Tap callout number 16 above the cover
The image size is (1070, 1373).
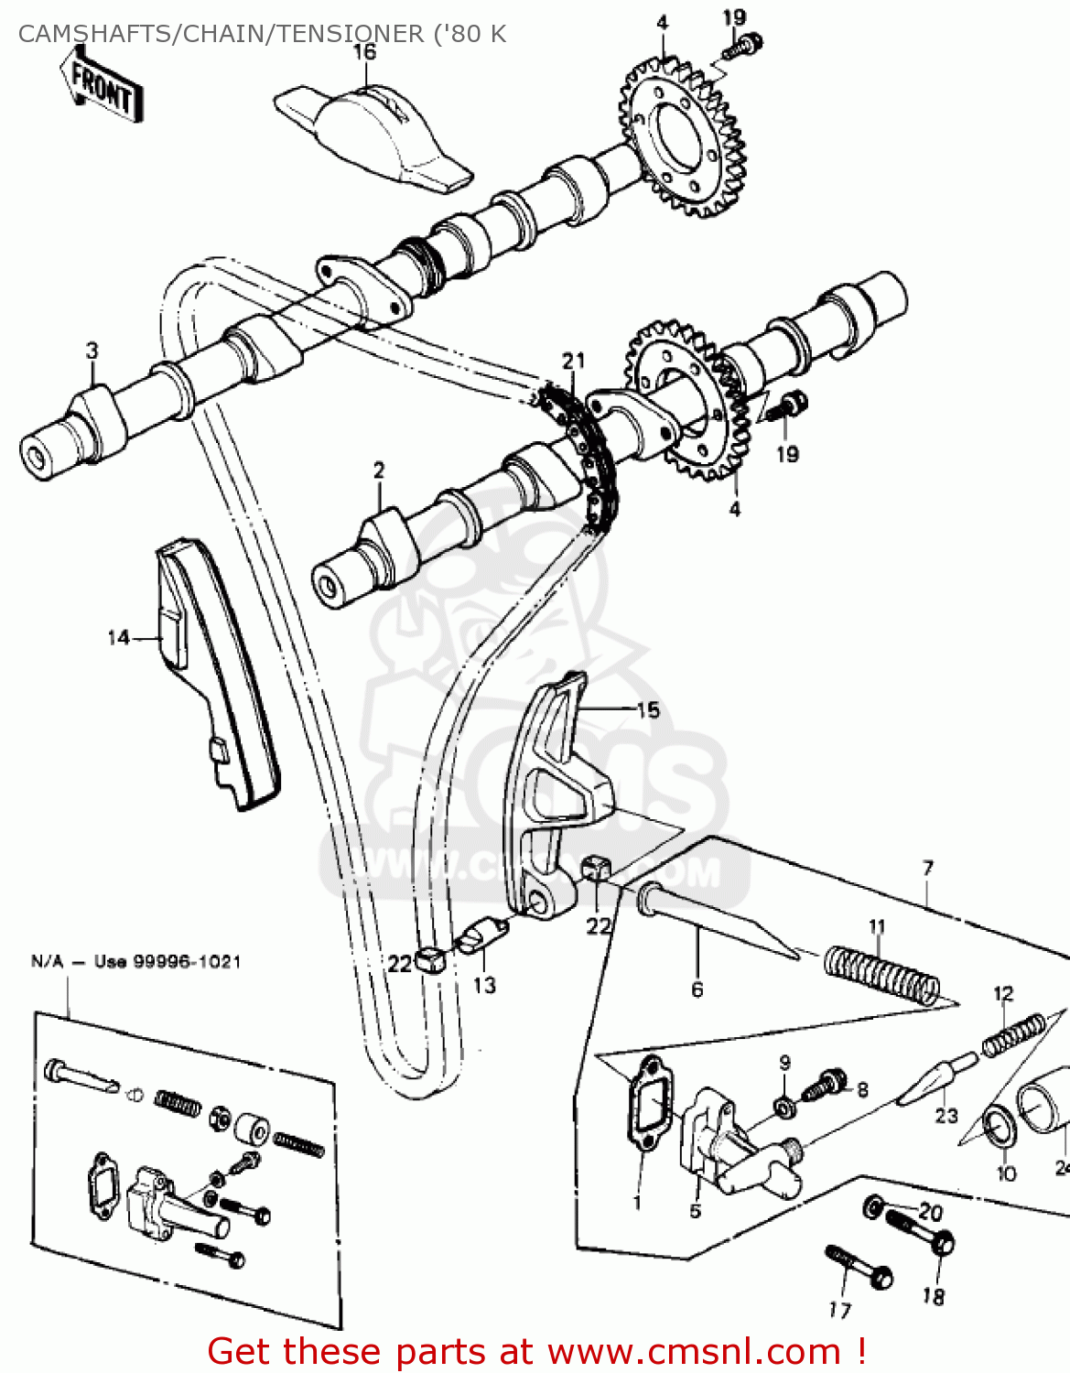coord(364,51)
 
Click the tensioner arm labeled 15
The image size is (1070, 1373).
coord(549,796)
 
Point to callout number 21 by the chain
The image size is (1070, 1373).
coord(573,361)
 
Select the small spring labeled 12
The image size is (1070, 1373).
coord(1013,1035)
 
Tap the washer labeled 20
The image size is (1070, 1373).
coord(873,1206)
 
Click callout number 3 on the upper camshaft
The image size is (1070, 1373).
coord(92,351)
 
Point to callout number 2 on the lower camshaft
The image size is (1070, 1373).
coord(379,470)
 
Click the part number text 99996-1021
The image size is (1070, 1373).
coord(188,962)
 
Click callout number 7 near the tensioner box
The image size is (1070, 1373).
coord(928,867)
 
